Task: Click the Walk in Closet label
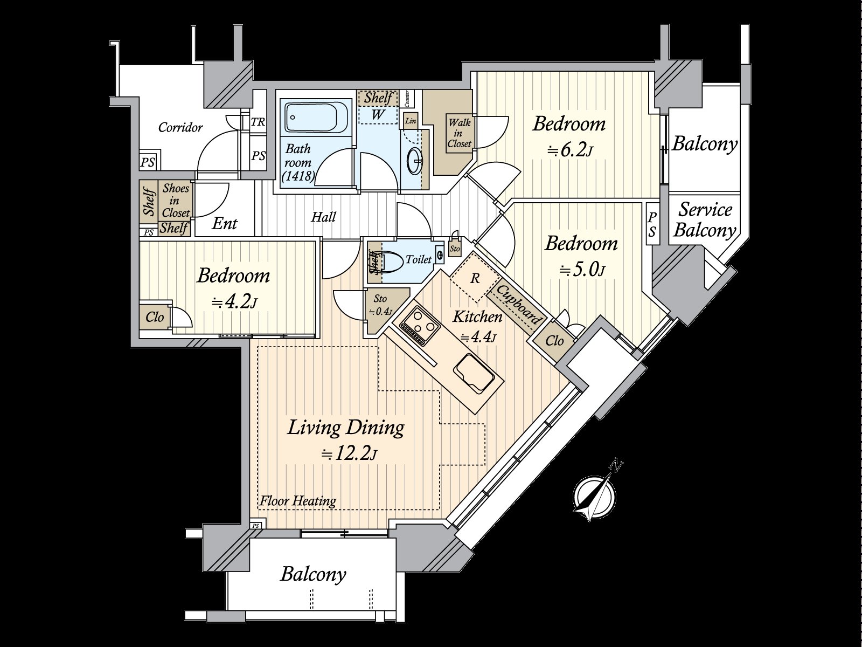pyautogui.click(x=459, y=133)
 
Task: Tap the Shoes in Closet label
pyautogui.click(x=176, y=201)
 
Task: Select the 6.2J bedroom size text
pyautogui.click(x=570, y=150)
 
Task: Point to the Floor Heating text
pyautogui.click(x=298, y=501)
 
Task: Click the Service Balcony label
pyautogui.click(x=705, y=220)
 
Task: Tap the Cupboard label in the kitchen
pyautogui.click(x=517, y=305)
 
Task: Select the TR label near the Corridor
pyautogui.click(x=258, y=122)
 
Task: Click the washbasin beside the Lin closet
pyautogui.click(x=415, y=160)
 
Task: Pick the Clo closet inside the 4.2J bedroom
pyautogui.click(x=155, y=317)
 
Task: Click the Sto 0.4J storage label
pyautogui.click(x=380, y=305)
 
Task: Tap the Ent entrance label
pyautogui.click(x=224, y=224)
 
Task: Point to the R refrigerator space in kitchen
pyautogui.click(x=475, y=279)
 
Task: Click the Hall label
pyautogui.click(x=323, y=217)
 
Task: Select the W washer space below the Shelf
pyautogui.click(x=378, y=114)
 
